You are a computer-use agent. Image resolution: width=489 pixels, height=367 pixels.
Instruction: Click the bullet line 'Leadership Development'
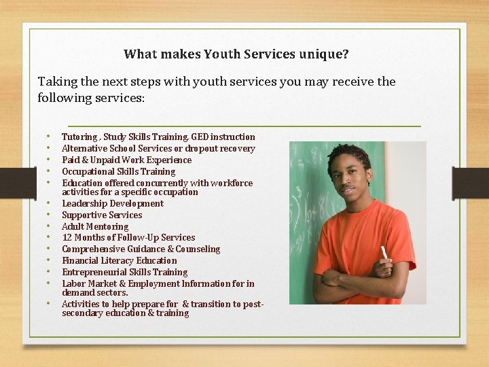[x=113, y=203]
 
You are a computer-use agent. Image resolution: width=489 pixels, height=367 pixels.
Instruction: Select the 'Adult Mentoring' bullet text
[x=95, y=226]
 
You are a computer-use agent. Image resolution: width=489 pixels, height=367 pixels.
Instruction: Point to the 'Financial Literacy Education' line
[x=120, y=260]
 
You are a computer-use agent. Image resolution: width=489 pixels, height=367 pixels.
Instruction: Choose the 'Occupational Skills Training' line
[x=119, y=171]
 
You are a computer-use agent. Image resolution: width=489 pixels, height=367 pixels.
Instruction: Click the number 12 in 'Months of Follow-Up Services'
[x=67, y=237]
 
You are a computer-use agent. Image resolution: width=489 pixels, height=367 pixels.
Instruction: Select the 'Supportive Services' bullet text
[x=102, y=215]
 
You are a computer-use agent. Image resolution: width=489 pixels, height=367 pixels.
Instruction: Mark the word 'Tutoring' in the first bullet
[x=79, y=137]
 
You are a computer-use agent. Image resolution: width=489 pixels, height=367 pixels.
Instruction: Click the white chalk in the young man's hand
[x=384, y=253]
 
